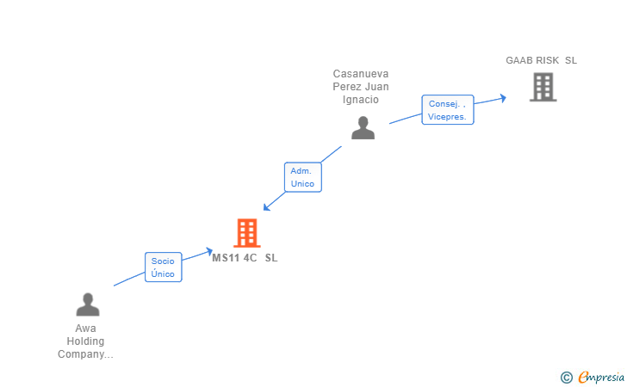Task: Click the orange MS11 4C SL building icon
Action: (246, 232)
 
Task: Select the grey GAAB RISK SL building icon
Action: (543, 87)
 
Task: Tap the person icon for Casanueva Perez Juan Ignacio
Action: (363, 128)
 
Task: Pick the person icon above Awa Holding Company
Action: (87, 305)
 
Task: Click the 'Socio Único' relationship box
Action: (163, 267)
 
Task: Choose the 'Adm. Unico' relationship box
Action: (302, 177)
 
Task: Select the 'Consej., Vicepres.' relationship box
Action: (447, 110)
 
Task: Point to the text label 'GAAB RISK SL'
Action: (541, 60)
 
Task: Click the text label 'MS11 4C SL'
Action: (245, 257)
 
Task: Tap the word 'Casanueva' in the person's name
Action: (361, 74)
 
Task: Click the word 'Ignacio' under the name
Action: (361, 100)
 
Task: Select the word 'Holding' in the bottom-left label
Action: (85, 341)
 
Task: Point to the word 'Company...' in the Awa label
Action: (85, 354)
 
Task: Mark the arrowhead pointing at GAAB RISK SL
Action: (502, 97)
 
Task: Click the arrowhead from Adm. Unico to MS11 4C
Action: (266, 206)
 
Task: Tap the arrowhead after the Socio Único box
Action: (208, 251)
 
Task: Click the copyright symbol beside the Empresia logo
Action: (566, 377)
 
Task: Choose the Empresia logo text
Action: (600, 376)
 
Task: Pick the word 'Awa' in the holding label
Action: (85, 329)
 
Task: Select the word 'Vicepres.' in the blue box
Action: (447, 116)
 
